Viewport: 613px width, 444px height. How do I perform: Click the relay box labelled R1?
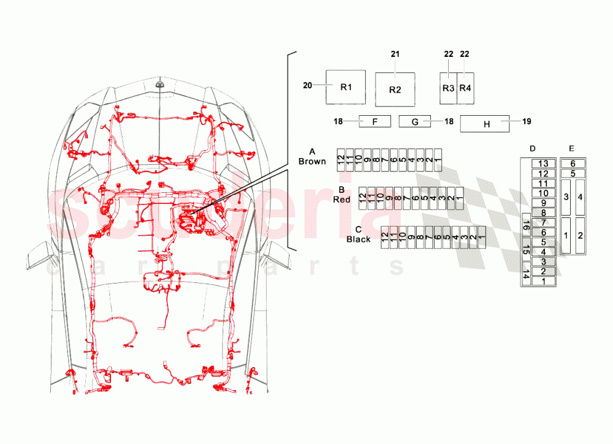point(345,88)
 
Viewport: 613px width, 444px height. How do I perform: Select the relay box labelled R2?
point(395,90)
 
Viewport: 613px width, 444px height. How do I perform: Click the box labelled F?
point(374,122)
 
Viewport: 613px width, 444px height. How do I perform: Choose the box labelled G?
point(414,122)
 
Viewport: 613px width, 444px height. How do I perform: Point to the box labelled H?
point(487,124)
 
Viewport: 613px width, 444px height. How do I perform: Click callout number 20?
point(307,86)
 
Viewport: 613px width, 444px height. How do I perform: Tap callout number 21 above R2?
point(395,55)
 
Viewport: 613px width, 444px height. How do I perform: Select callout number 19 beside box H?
point(527,121)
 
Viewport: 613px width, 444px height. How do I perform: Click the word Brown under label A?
point(312,161)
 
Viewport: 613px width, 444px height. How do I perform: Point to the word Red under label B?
point(341,200)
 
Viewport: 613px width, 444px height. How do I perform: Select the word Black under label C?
point(358,239)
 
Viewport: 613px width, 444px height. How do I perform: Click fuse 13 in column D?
point(543,164)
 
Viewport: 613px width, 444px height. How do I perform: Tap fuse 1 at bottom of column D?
point(543,281)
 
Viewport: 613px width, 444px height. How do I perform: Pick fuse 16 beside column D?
point(525,226)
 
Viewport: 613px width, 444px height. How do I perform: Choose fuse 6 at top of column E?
point(573,164)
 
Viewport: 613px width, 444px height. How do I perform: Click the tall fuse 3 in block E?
point(566,197)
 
